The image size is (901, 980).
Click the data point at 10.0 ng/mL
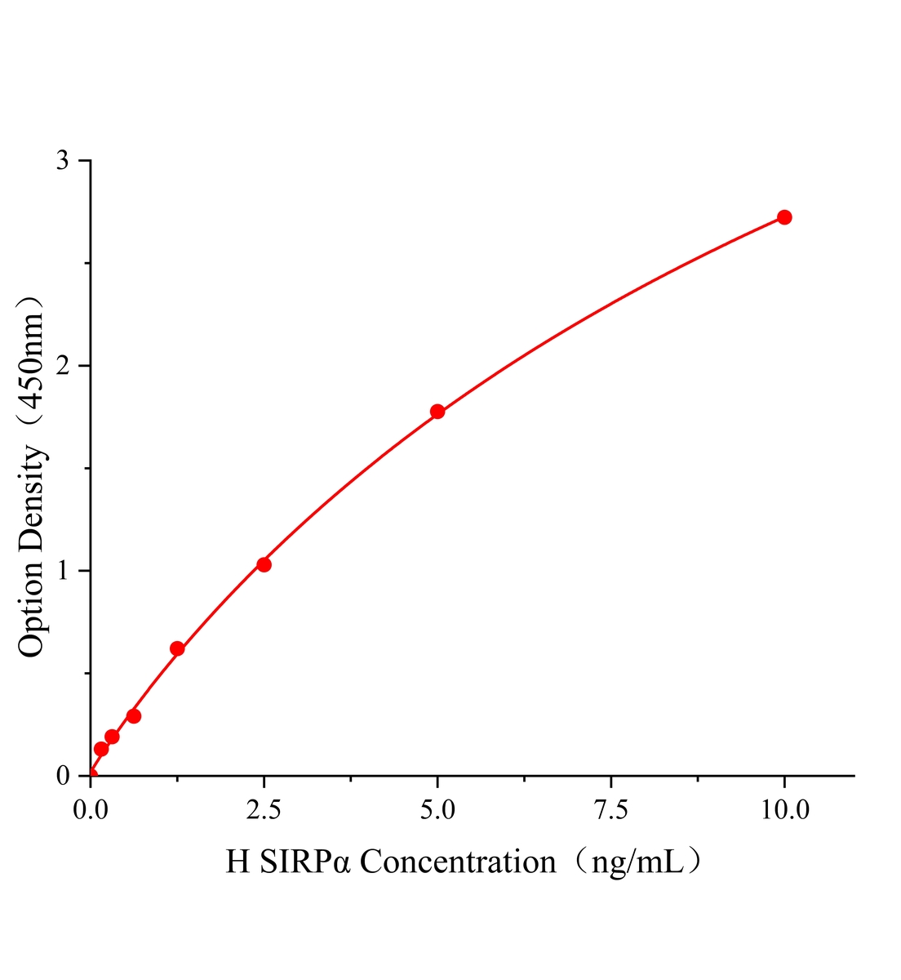click(784, 217)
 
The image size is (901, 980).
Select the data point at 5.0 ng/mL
click(437, 412)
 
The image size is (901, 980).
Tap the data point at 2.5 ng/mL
click(264, 564)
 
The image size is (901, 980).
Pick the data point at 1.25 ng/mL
click(177, 649)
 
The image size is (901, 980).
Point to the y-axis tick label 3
click(62, 161)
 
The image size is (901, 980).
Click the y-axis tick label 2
click(62, 366)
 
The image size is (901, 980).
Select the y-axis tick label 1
click(62, 571)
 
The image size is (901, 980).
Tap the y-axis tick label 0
click(62, 776)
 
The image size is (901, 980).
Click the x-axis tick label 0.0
click(91, 810)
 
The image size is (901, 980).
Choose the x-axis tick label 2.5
click(264, 810)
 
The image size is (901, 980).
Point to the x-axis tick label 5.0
click(437, 810)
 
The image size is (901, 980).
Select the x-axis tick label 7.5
click(611, 810)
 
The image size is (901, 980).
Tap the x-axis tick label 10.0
click(784, 810)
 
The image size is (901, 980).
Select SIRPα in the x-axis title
click(305, 862)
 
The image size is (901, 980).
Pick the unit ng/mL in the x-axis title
click(637, 862)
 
